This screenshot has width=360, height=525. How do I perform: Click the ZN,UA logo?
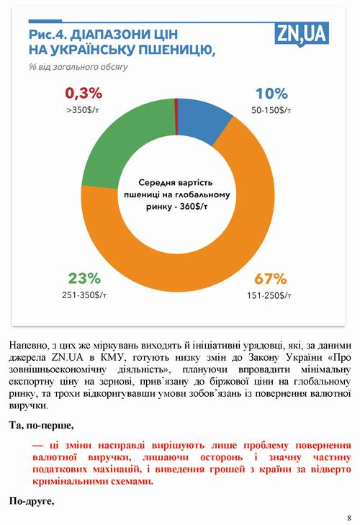(x=312, y=33)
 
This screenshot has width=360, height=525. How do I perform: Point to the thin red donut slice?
(x=176, y=107)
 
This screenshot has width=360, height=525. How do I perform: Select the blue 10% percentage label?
(x=271, y=93)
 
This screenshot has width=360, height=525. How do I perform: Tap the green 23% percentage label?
(x=84, y=278)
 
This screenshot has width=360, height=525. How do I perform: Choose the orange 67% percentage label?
(x=271, y=279)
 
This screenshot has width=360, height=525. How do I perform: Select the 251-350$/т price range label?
(x=84, y=295)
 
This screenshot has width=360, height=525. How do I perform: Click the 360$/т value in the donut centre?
(x=193, y=207)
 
